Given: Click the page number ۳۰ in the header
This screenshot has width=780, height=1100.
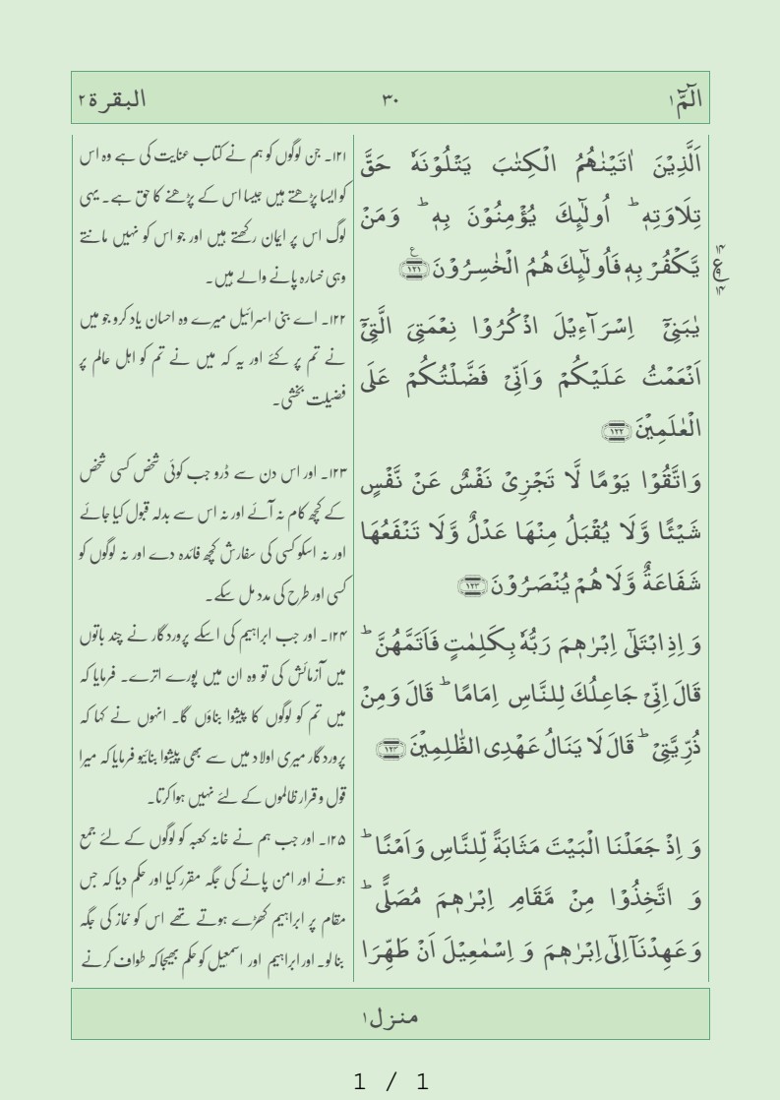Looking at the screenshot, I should point(390,98).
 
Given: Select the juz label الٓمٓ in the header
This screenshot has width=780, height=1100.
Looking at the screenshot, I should point(684,98).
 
